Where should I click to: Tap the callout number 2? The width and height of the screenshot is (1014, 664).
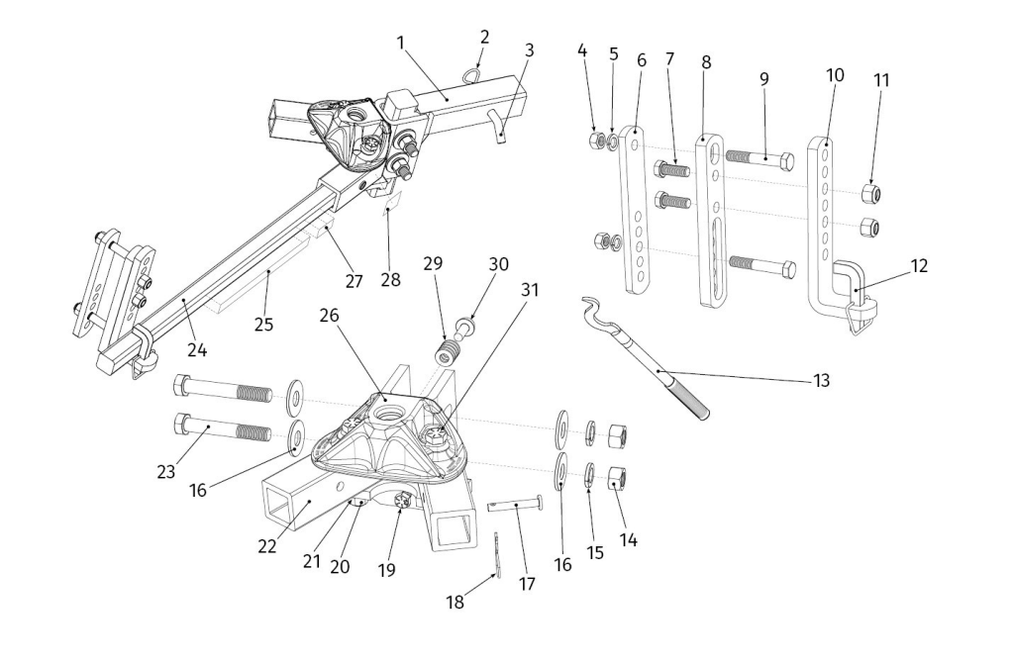click(484, 37)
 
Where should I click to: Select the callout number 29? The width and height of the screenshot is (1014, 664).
click(432, 266)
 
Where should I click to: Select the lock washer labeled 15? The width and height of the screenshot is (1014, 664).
click(588, 471)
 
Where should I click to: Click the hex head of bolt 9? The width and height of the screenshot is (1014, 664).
click(784, 162)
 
